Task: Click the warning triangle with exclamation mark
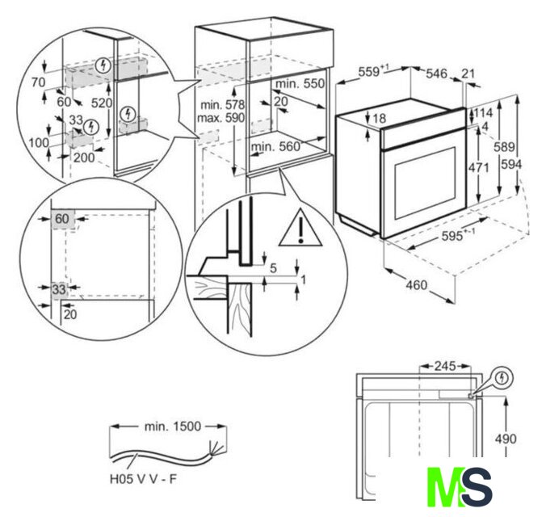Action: (300, 228)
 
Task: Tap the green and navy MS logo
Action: (460, 486)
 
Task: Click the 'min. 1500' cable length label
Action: (173, 426)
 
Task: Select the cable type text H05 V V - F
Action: (143, 479)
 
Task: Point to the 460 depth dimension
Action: (417, 285)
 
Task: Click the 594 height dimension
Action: (511, 164)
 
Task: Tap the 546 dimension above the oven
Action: (437, 74)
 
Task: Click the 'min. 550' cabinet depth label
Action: (300, 84)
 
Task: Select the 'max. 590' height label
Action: (220, 118)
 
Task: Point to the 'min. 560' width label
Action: (275, 147)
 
